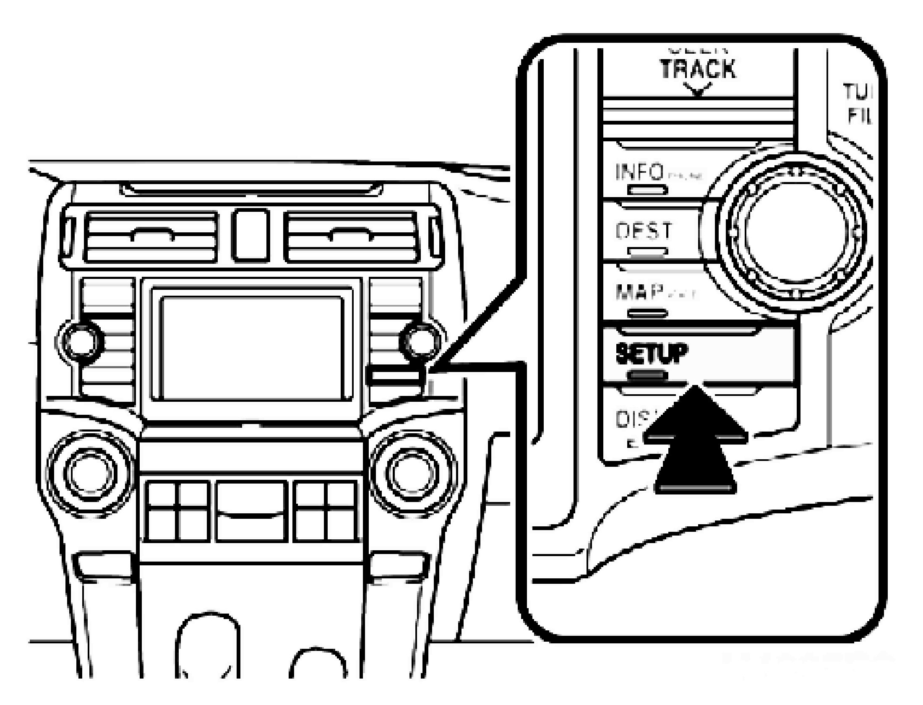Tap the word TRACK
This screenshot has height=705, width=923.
pos(698,69)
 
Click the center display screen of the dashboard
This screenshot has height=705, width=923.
pos(252,348)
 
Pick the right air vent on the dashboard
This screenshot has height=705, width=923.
pos(352,237)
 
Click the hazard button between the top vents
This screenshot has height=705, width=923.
pos(251,235)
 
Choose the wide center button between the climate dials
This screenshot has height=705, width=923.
pos(251,511)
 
